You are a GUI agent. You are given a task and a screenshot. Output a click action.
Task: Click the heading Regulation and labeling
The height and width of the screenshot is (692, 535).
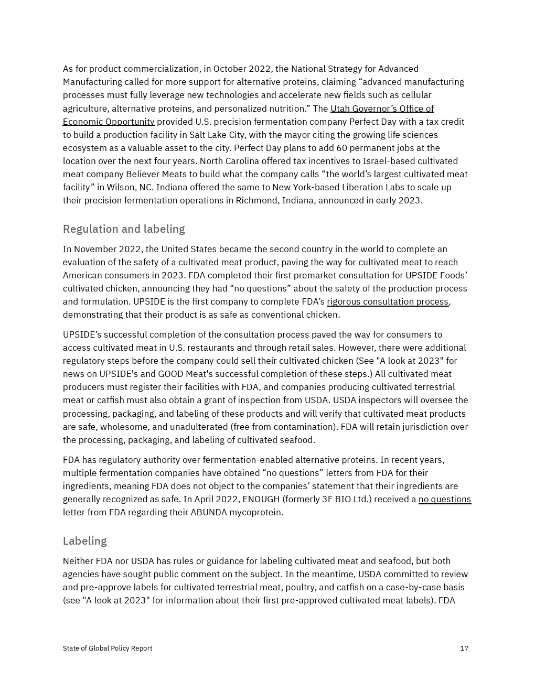click(124, 229)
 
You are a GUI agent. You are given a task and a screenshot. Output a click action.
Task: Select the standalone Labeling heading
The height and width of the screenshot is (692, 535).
click(85, 541)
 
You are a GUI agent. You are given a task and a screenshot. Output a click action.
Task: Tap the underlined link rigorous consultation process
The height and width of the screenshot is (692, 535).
click(388, 301)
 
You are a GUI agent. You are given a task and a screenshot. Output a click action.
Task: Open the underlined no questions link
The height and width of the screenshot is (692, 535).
click(445, 499)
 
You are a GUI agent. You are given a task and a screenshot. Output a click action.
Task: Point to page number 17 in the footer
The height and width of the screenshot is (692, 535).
click(464, 648)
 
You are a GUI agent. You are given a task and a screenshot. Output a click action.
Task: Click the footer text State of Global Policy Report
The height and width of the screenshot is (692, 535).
click(108, 648)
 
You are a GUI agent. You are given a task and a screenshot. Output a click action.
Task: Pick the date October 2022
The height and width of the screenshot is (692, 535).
click(242, 69)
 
